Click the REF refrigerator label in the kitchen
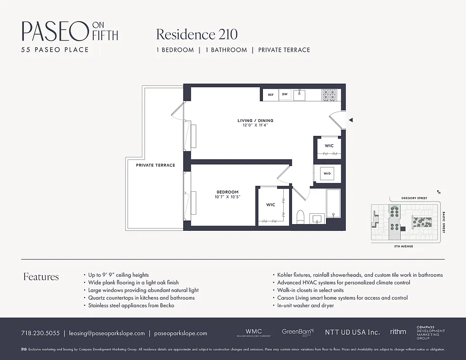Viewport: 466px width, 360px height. [271, 95]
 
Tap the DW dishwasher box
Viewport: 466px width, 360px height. [285, 95]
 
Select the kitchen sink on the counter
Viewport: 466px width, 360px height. [299, 95]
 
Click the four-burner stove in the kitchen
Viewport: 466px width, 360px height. [329, 95]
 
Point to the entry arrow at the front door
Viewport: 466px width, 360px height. [351, 120]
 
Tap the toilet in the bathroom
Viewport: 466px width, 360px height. [301, 216]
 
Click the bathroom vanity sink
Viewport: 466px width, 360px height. [317, 219]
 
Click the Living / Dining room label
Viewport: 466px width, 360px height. [255, 121]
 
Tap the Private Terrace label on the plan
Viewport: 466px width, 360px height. [155, 165]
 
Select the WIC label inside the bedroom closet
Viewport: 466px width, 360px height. [271, 205]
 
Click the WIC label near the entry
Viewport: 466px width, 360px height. [329, 146]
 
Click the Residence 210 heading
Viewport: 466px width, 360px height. [197, 34]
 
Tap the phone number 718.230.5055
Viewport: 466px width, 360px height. [40, 333]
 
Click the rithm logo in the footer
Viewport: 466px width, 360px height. [398, 332]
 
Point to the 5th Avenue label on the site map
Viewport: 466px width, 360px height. [403, 247]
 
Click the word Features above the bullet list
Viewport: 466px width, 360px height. [41, 277]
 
